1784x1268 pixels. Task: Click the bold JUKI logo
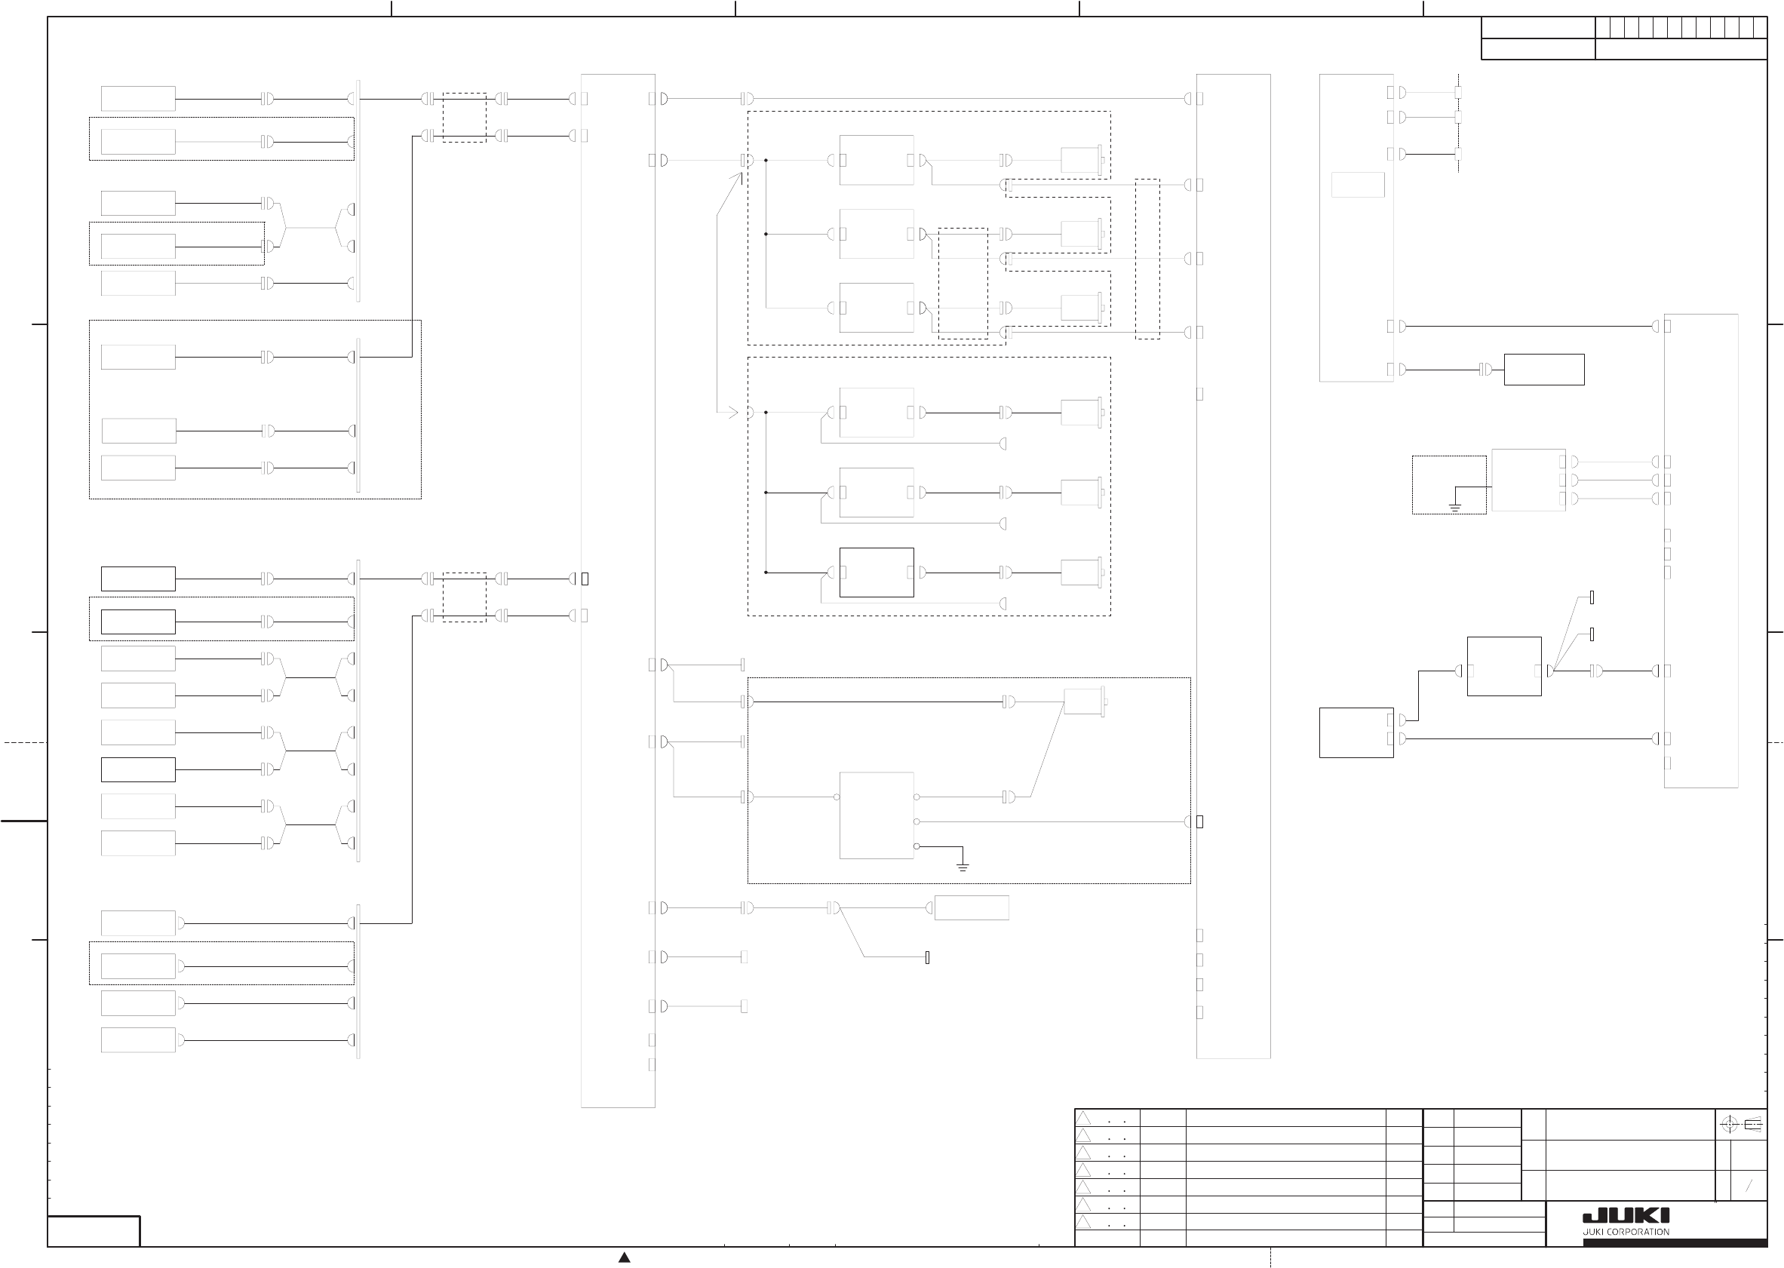pyautogui.click(x=1626, y=1216)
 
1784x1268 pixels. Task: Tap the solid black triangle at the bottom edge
pyautogui.click(x=624, y=1257)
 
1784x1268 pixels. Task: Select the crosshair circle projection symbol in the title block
pyautogui.click(x=1730, y=1125)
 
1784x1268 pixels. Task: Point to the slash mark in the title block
pyautogui.click(x=1749, y=1185)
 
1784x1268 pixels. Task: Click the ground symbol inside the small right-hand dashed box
pyautogui.click(x=1454, y=507)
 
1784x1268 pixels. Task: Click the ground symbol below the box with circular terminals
pyautogui.click(x=963, y=867)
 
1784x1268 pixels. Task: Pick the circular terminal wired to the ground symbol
pyautogui.click(x=917, y=846)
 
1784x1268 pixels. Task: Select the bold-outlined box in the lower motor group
pyautogui.click(x=876, y=573)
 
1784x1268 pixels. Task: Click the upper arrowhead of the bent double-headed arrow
pyautogui.click(x=737, y=177)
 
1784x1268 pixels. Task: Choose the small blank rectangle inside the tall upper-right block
pyautogui.click(x=1358, y=184)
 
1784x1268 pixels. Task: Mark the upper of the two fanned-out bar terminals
pyautogui.click(x=1592, y=597)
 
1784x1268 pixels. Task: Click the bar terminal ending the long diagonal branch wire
pyautogui.click(x=927, y=957)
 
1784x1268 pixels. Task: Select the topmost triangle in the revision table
pyautogui.click(x=1084, y=1118)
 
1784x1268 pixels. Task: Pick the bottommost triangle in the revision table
pyautogui.click(x=1084, y=1222)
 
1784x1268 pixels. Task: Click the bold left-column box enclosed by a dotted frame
pyautogui.click(x=138, y=622)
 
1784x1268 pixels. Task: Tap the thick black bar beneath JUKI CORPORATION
pyautogui.click(x=1675, y=1242)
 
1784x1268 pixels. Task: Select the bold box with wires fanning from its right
pyautogui.click(x=1503, y=666)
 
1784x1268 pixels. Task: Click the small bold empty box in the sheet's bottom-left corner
pyautogui.click(x=94, y=1230)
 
